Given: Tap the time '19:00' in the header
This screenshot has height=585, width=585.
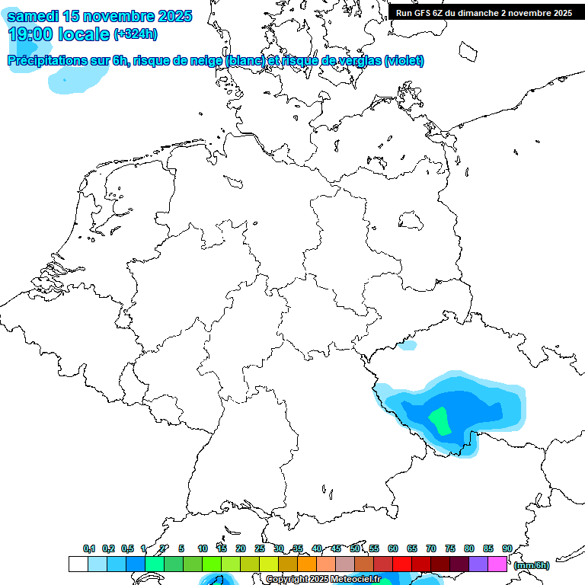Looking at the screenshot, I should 30,34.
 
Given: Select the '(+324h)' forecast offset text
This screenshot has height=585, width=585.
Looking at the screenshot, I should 136,34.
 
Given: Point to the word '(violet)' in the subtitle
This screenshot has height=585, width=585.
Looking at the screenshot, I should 404,61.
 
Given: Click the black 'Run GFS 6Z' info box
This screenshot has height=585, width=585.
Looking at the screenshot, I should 484,13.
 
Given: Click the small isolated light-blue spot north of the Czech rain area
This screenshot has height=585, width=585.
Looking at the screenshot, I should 409,345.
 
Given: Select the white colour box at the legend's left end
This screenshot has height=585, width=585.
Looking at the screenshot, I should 78,564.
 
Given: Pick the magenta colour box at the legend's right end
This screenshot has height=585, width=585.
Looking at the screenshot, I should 497,564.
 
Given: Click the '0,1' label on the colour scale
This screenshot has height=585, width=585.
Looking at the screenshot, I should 89,548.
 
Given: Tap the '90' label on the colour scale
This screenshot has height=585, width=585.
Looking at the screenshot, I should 507,548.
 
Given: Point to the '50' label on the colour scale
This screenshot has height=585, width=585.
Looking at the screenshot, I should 355,548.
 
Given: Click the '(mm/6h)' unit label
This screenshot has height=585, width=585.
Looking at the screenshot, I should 531,565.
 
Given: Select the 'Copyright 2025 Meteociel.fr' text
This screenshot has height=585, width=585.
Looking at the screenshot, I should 323,579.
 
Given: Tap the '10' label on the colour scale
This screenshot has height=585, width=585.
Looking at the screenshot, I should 203,548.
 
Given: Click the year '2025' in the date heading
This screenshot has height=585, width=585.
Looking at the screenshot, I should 171,16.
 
